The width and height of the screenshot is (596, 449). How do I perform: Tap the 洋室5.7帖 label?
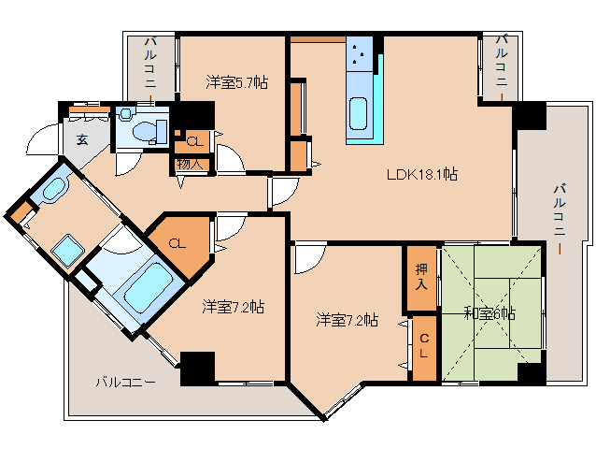237,82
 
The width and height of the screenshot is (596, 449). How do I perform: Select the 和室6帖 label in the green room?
489,312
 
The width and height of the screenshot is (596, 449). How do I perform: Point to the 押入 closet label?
421,278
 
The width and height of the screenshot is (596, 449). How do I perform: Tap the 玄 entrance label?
82,140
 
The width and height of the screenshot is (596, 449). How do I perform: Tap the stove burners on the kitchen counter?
360,55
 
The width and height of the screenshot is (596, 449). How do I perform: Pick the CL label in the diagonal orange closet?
177,243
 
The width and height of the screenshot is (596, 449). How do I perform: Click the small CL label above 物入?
193,141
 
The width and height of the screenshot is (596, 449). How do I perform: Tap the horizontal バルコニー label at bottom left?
125,383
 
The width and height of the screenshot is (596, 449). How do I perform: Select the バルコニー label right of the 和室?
559,218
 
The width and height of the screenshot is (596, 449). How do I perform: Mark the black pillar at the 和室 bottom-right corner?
531,372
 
